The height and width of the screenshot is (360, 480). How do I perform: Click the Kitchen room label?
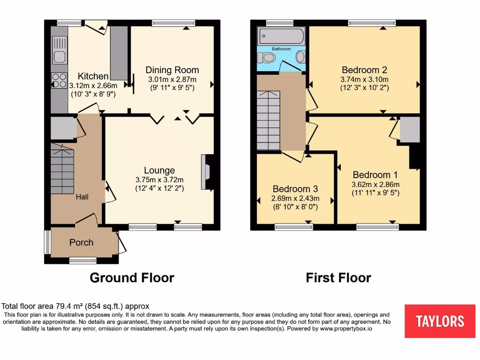(93, 76)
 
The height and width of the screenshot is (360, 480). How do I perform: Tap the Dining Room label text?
(172, 70)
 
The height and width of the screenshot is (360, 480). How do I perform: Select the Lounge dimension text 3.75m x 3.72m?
(159, 180)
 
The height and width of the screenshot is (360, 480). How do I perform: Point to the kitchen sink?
(60, 57)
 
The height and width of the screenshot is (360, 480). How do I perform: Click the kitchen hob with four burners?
(59, 80)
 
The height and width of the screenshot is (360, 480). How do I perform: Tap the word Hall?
(82, 197)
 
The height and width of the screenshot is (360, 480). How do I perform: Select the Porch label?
(81, 242)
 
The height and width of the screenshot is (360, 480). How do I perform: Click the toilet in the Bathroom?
(268, 58)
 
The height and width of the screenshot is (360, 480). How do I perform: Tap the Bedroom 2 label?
(364, 70)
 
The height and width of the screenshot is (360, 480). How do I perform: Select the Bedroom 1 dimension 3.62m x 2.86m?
(371, 184)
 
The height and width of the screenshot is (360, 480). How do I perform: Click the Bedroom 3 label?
(295, 189)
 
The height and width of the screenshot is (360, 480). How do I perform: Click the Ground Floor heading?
(132, 277)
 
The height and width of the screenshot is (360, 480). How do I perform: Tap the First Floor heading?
(338, 277)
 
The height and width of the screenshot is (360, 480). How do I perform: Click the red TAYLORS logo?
(440, 321)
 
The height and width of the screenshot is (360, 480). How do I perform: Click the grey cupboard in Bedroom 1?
(409, 129)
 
